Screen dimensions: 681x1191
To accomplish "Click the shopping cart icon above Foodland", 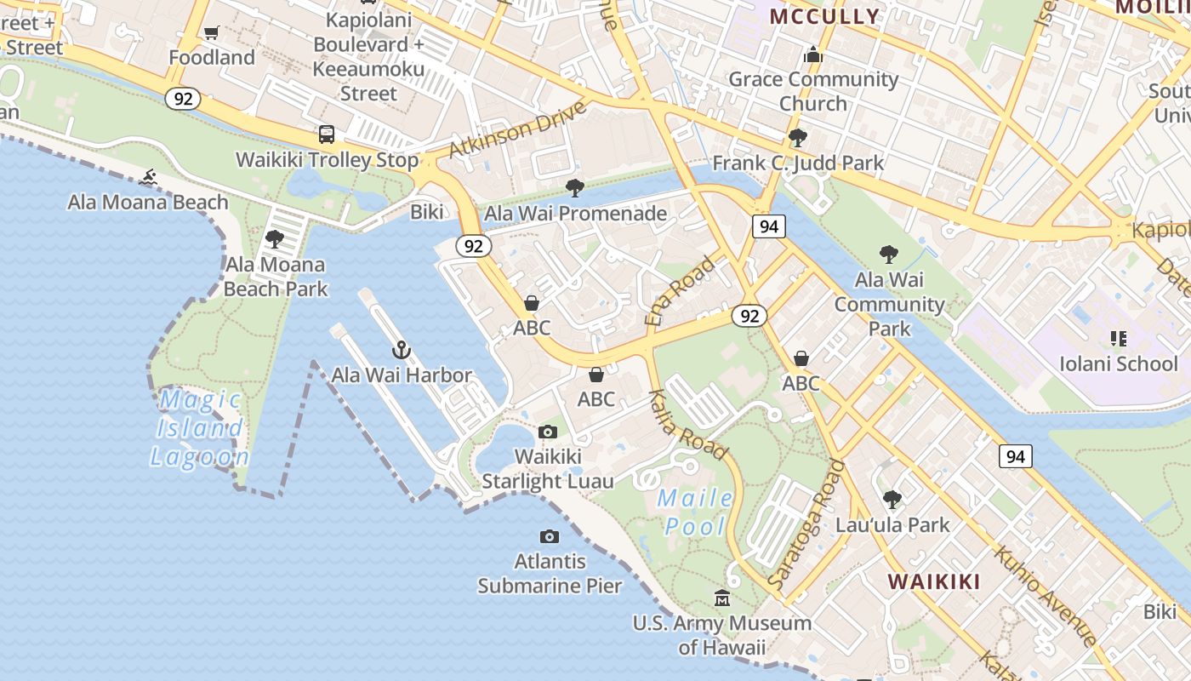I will click(211, 33).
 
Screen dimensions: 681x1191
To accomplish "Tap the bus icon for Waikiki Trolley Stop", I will click(327, 134).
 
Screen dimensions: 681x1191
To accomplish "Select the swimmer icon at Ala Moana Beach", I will click(149, 177).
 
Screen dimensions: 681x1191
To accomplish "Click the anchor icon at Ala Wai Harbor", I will click(402, 350).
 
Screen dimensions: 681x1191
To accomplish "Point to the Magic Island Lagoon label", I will click(201, 427).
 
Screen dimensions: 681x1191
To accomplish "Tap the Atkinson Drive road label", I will click(517, 130).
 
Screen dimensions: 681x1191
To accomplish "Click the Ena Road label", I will click(680, 292).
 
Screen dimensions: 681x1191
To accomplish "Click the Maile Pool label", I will click(696, 512).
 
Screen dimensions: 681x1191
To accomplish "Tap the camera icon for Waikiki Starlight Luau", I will click(548, 432).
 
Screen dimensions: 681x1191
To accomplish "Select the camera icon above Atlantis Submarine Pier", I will click(550, 536).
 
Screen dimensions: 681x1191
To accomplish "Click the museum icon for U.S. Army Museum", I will click(722, 598).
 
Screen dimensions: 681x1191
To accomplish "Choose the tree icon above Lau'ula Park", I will click(892, 500).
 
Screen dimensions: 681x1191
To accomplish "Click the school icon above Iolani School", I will click(1119, 339).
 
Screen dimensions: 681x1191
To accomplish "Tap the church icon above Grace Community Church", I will click(813, 55).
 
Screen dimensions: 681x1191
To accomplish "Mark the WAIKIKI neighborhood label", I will click(934, 582).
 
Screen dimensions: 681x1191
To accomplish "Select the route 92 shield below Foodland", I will click(183, 99).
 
